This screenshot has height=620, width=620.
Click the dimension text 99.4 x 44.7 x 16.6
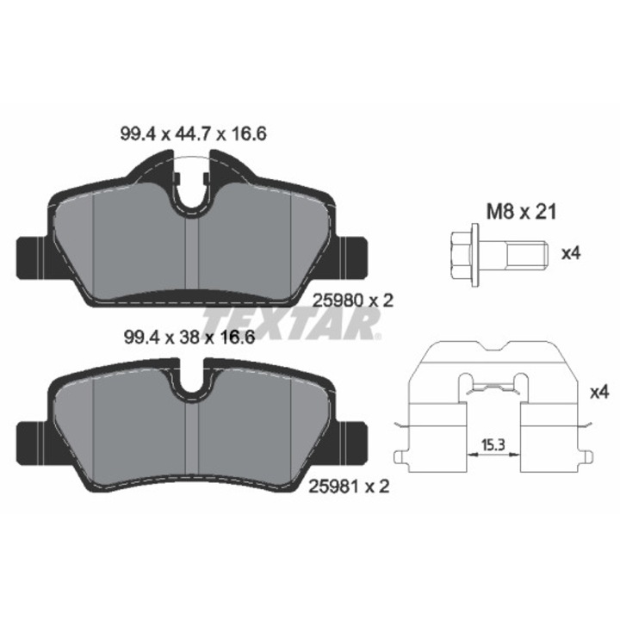[x=194, y=134]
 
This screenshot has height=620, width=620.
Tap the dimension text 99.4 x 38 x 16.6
[x=189, y=338]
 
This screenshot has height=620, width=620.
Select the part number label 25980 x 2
[x=353, y=301]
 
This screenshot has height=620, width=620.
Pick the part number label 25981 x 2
[x=349, y=486]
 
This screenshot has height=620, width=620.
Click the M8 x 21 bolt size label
[x=521, y=212]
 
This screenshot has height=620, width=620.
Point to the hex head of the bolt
[x=461, y=255]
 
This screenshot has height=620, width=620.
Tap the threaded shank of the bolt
[x=528, y=254]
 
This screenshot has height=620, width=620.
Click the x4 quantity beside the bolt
[x=571, y=253]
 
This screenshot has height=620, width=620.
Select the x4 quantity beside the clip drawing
[x=599, y=393]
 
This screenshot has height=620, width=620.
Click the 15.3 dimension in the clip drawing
[x=493, y=445]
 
